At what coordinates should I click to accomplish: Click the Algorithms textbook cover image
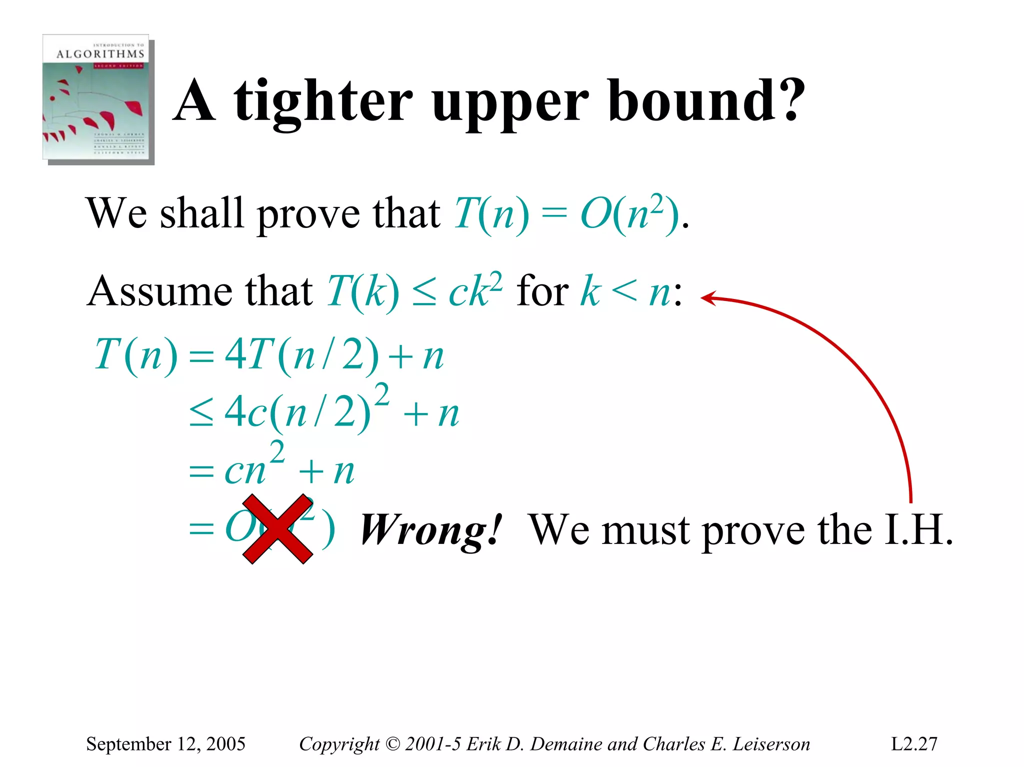(98, 98)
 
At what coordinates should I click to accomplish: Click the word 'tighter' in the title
(323, 102)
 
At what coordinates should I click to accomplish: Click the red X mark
(277, 529)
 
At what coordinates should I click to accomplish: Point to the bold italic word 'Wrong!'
(430, 530)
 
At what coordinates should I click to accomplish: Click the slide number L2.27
(914, 744)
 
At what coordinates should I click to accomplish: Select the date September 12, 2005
(165, 744)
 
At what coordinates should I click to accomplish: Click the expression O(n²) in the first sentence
(630, 214)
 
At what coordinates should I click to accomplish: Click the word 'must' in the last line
(645, 530)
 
